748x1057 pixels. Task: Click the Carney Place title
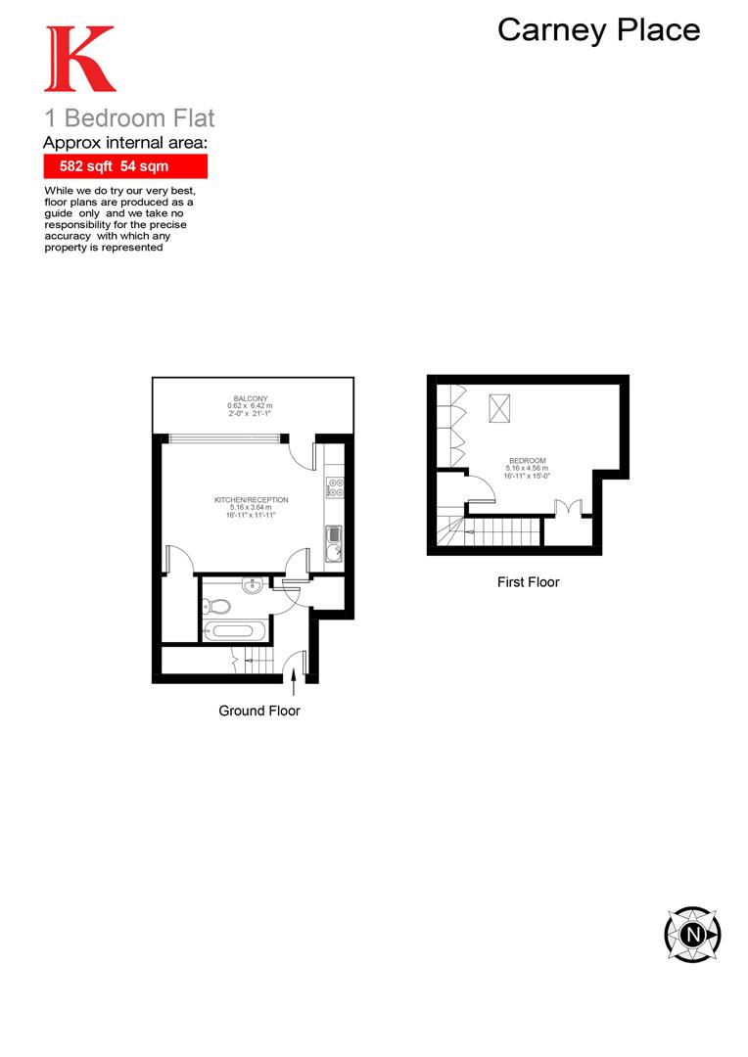(x=598, y=29)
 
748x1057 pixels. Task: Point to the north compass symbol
(x=692, y=934)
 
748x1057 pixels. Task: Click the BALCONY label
(x=252, y=398)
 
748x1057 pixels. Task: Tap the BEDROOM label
(x=527, y=461)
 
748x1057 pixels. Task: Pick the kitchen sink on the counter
(x=333, y=543)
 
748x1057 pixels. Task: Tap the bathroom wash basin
(x=252, y=586)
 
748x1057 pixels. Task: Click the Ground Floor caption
(x=259, y=711)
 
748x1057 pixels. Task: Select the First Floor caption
(x=528, y=581)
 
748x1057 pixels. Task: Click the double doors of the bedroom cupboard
(x=569, y=509)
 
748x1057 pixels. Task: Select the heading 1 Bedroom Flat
(x=129, y=119)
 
